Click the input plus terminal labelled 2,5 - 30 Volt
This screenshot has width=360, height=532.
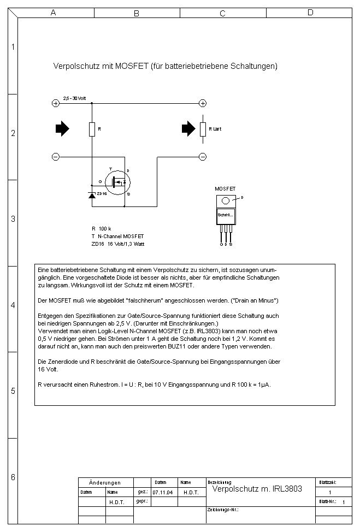pyautogui.click(x=55, y=103)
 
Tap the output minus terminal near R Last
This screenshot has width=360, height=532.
pyautogui.click(x=202, y=157)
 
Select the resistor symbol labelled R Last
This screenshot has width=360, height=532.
pyautogui.click(x=202, y=129)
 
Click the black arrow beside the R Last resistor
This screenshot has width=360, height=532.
pyautogui.click(x=188, y=128)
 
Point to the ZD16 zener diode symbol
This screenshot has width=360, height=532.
pyautogui.click(x=91, y=194)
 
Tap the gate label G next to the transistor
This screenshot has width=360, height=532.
pyautogui.click(x=100, y=181)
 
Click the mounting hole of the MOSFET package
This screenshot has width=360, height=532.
pyautogui.click(x=225, y=200)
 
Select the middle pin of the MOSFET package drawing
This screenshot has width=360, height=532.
pyautogui.click(x=226, y=235)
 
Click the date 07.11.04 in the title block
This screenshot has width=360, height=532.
pyautogui.click(x=162, y=492)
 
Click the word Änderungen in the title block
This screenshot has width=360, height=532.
pyautogui.click(x=104, y=483)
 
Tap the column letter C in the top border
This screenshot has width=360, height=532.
pyautogui.click(x=222, y=13)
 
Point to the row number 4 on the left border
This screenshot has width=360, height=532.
pyautogui.click(x=13, y=305)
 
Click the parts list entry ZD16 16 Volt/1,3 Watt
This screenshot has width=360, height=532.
pyautogui.click(x=118, y=244)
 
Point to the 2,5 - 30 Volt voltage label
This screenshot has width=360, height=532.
pyautogui.click(x=74, y=98)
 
